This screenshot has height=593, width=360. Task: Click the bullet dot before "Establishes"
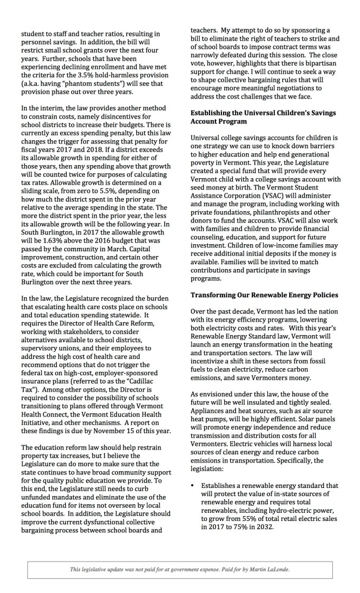pos(193,471)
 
